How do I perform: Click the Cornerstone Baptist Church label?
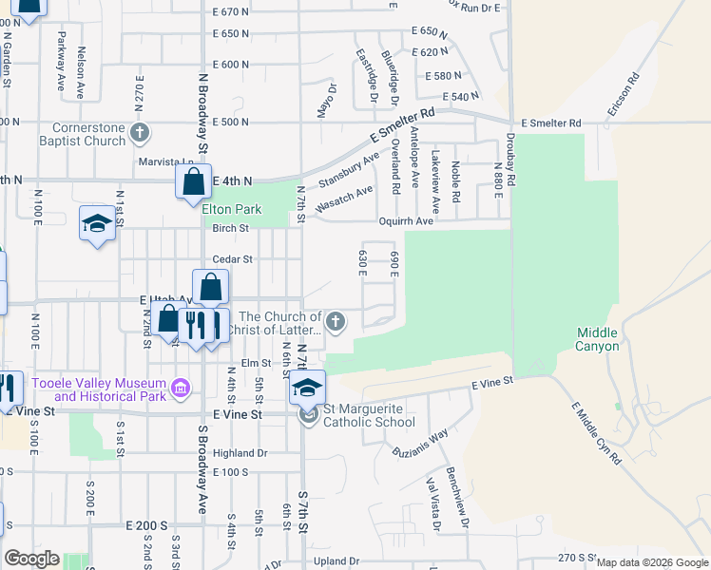click(x=75, y=134)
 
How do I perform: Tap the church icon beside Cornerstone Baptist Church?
click(x=140, y=131)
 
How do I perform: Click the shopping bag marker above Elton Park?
click(x=193, y=180)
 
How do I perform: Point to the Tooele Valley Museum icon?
click(x=180, y=388)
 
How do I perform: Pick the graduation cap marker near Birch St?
click(x=97, y=224)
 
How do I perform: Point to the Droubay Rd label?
click(x=510, y=166)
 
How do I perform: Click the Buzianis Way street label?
click(x=423, y=441)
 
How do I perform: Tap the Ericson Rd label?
click(x=625, y=95)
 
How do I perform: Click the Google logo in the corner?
click(x=31, y=559)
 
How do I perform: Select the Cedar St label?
click(x=232, y=258)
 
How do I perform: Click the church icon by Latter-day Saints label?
click(x=335, y=323)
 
